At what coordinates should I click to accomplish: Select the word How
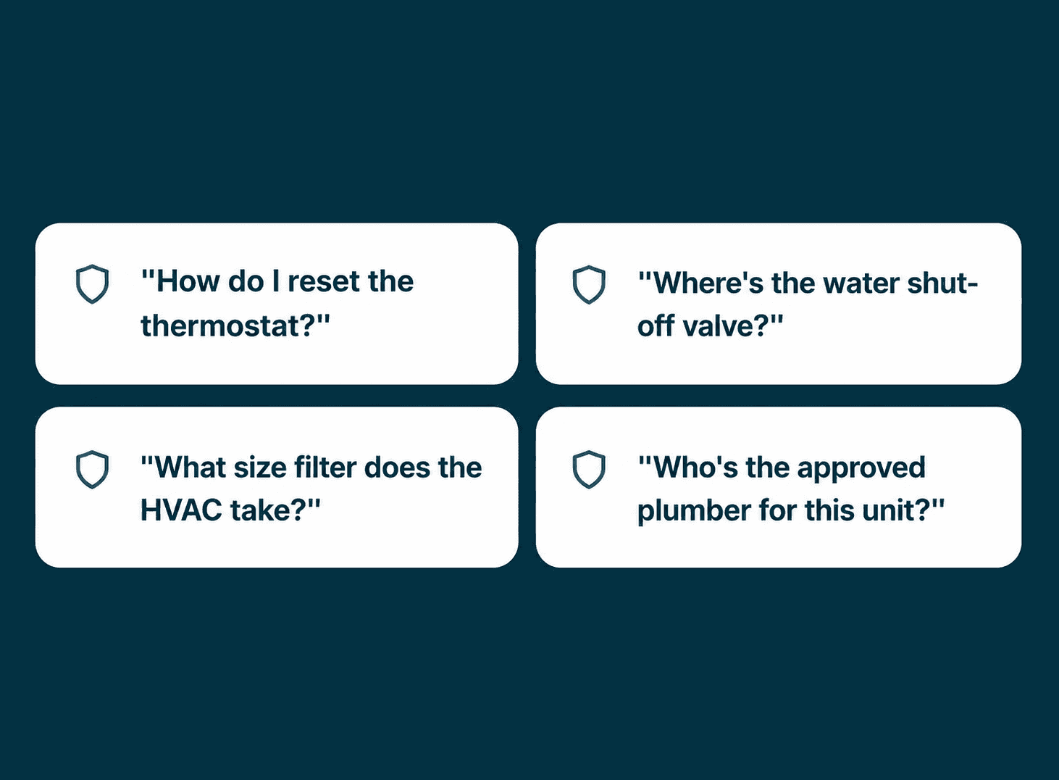pos(188,281)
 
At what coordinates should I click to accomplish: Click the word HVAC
pos(181,510)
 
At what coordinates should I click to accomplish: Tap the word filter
pos(325,468)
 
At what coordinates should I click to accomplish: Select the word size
pos(260,468)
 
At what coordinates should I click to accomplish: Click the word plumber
pos(694,512)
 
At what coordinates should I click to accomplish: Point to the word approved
pos(861,469)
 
